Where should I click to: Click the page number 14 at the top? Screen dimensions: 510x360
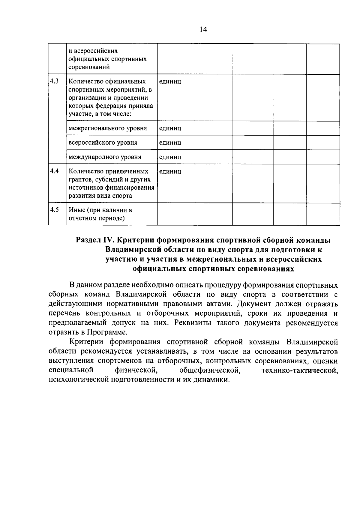point(203,29)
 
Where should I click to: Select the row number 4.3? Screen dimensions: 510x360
point(54,81)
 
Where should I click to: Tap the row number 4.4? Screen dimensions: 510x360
point(54,171)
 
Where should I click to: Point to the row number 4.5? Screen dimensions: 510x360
point(54,210)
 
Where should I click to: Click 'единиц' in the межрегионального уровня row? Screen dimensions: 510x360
point(170,128)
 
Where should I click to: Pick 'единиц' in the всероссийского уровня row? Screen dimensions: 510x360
point(170,143)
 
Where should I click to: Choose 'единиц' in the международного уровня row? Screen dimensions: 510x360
point(170,157)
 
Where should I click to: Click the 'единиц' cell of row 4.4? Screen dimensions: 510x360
point(170,172)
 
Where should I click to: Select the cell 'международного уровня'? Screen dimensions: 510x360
point(105,157)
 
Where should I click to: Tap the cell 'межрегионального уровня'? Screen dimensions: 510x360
point(108,128)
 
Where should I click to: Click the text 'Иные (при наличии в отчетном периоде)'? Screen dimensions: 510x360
point(100,214)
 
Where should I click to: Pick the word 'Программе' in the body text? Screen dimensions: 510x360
point(107,332)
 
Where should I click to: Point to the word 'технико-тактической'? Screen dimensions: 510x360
point(300,370)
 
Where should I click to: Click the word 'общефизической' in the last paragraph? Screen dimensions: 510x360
point(210,370)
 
